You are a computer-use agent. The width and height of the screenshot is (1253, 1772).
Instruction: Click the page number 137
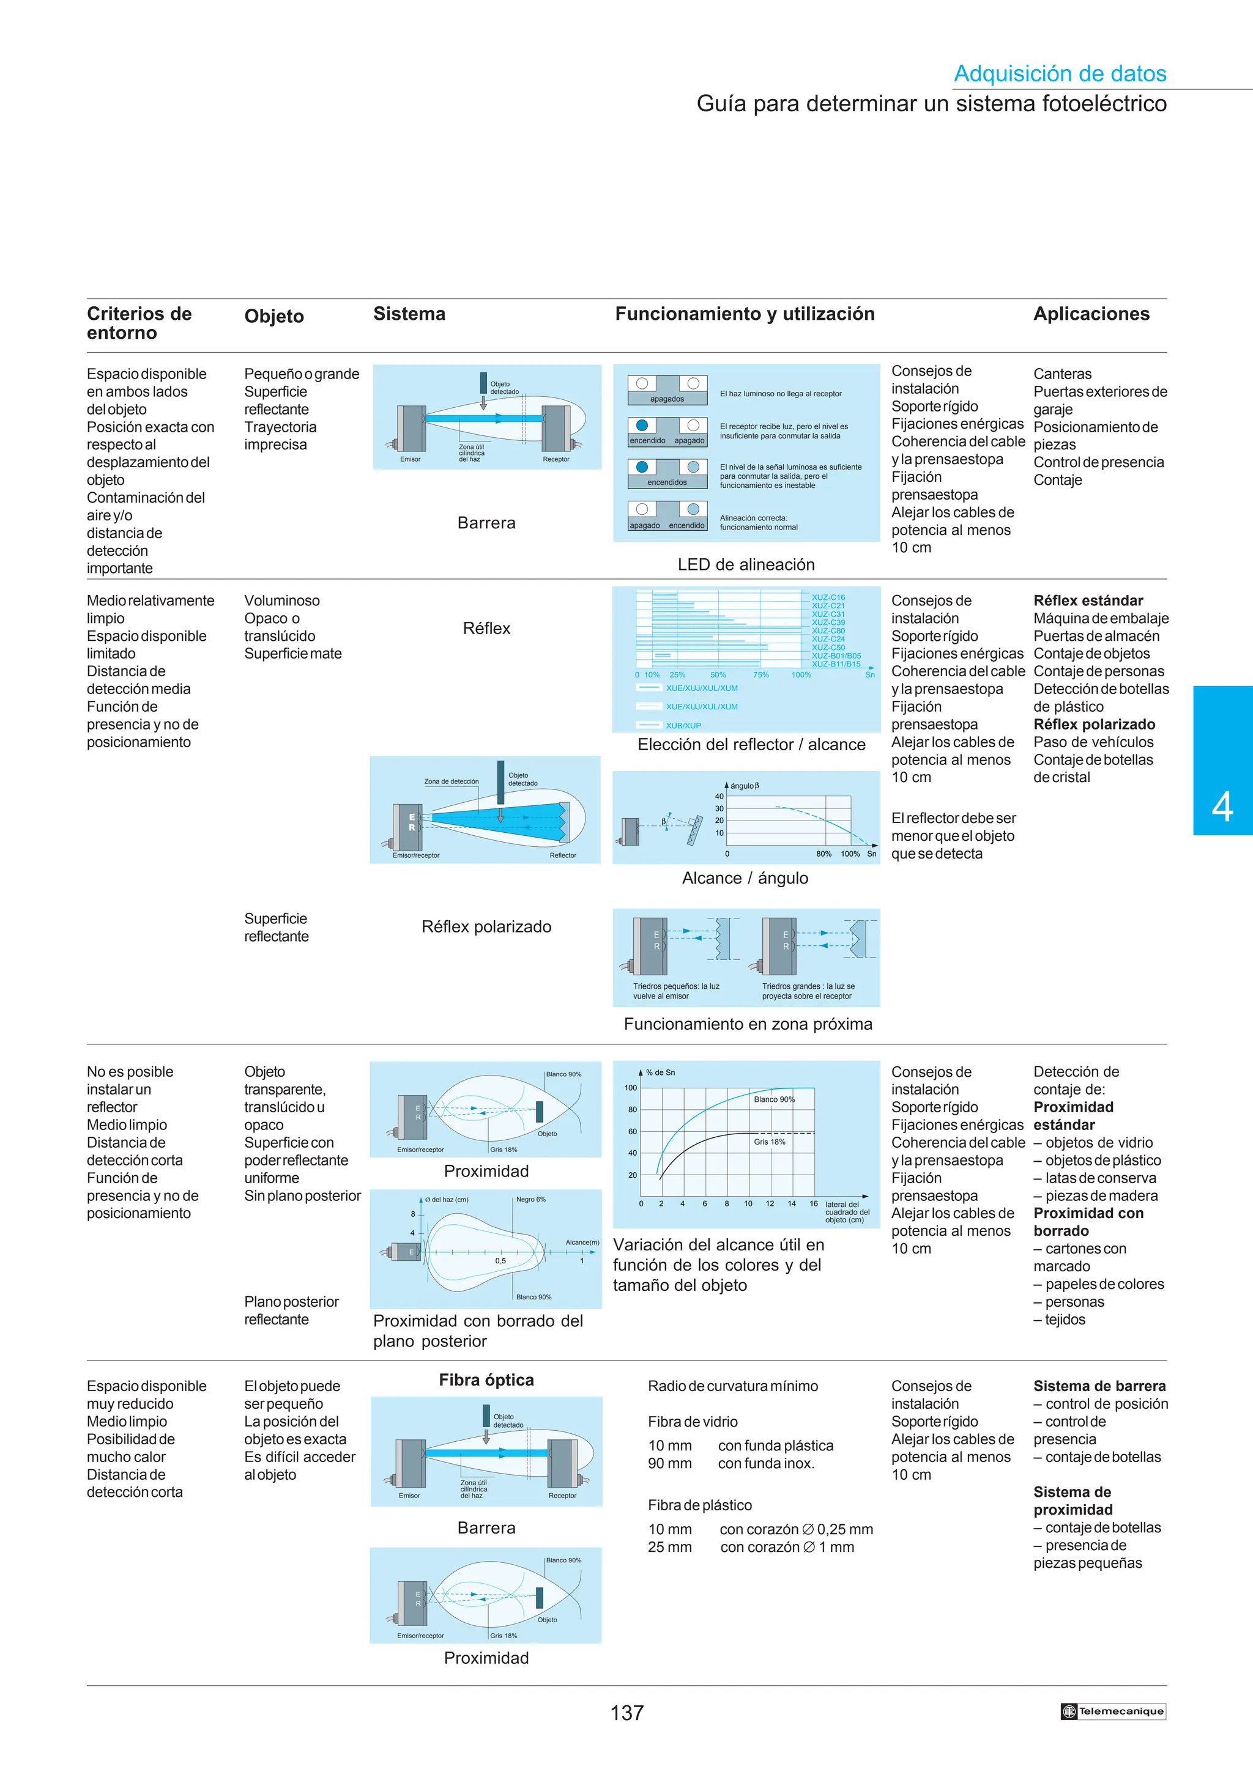click(x=626, y=1713)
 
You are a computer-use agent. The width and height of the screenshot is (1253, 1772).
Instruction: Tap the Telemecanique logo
click(x=1112, y=1711)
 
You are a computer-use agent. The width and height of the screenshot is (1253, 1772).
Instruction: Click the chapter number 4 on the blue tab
click(x=1222, y=807)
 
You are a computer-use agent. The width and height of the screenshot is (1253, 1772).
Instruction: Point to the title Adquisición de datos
click(x=1060, y=73)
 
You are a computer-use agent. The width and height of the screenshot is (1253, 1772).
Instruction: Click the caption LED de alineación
click(x=746, y=564)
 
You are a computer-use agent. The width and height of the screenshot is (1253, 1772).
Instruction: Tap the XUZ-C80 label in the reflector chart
click(x=828, y=630)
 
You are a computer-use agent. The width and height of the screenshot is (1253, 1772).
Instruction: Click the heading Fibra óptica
click(x=486, y=1379)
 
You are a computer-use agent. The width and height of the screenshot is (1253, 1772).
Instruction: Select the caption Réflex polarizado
click(x=486, y=926)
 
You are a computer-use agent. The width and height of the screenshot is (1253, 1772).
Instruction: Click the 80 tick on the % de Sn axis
click(x=632, y=1109)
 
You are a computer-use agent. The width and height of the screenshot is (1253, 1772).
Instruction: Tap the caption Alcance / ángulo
click(x=745, y=877)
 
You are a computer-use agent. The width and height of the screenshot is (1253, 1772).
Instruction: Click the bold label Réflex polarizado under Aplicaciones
click(x=1094, y=724)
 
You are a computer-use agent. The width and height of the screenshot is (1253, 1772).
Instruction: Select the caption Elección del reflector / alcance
click(x=751, y=744)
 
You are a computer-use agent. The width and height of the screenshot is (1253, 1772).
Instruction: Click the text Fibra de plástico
click(x=699, y=1504)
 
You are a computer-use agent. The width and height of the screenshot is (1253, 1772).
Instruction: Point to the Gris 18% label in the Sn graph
click(x=769, y=1142)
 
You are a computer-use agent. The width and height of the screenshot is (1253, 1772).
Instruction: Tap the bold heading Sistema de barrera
click(x=1099, y=1386)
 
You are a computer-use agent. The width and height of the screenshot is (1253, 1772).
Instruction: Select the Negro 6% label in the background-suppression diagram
click(x=530, y=1199)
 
